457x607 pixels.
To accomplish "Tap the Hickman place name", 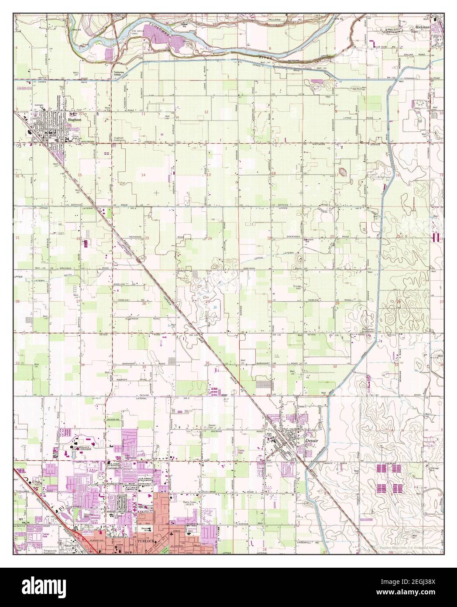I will tap(423, 26).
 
